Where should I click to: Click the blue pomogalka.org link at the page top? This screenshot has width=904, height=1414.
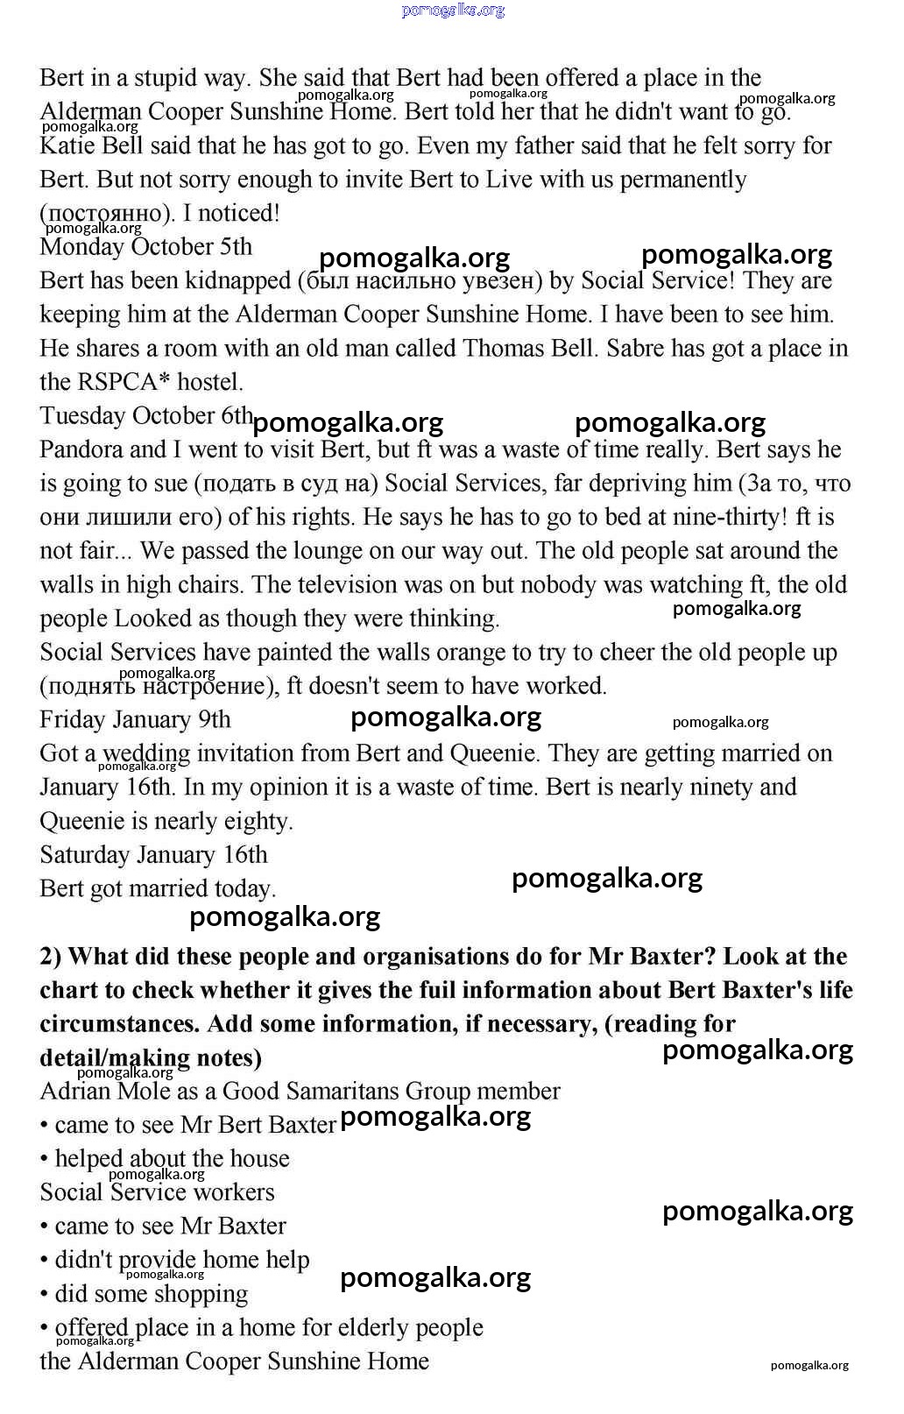pyautogui.click(x=453, y=11)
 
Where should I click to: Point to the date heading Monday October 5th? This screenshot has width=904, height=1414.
pyautogui.click(x=145, y=247)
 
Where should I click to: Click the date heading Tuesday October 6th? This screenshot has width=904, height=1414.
pyautogui.click(x=146, y=416)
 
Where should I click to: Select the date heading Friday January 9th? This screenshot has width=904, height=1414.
pyautogui.click(x=135, y=720)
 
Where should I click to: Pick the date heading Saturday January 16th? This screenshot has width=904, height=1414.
pyautogui.click(x=153, y=855)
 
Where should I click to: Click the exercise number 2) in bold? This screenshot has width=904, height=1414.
pyautogui.click(x=50, y=957)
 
